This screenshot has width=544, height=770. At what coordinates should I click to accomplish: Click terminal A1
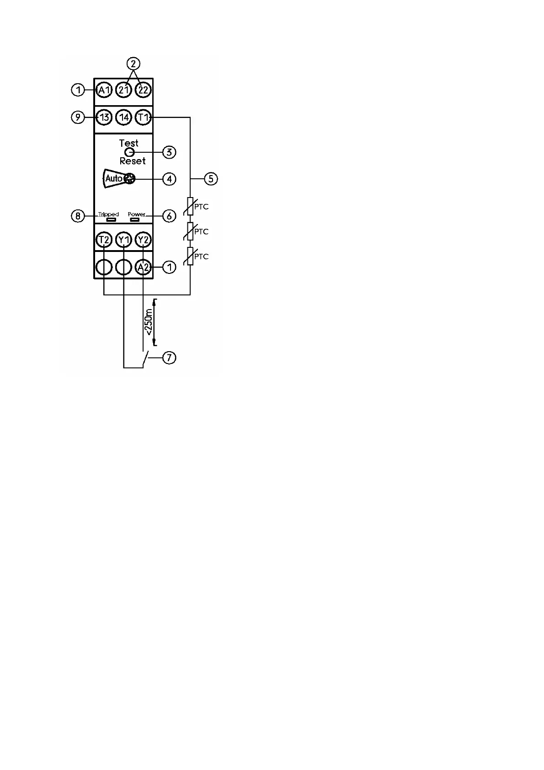coord(104,90)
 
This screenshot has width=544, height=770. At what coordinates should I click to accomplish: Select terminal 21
coord(124,90)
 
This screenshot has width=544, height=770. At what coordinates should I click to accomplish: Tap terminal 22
coord(143,90)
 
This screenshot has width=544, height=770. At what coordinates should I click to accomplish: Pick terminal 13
coord(104,118)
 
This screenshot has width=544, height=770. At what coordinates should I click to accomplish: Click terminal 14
coord(124,118)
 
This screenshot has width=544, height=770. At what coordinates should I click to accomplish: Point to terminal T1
coord(143,118)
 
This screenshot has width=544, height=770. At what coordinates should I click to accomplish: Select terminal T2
coord(104,240)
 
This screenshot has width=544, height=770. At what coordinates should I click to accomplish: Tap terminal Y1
coord(124,240)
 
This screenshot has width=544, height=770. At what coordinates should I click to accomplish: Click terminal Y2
coord(143,240)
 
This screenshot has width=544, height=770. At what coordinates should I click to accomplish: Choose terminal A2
coord(143,267)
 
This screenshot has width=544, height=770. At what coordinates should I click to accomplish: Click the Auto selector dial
coord(130,178)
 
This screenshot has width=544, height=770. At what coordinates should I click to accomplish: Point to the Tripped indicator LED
coord(111,220)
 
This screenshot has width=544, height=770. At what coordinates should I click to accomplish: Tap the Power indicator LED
coord(134,220)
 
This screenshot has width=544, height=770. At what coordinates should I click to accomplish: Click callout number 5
coord(211,178)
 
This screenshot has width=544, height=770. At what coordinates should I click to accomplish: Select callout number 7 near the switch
coord(169,357)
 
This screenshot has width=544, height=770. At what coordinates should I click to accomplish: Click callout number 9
coord(78,118)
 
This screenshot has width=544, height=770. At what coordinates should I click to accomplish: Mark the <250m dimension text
coord(149,322)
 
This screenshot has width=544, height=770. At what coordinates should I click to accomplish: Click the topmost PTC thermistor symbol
coord(191,206)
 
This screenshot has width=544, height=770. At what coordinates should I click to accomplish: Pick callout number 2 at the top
coord(133,63)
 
